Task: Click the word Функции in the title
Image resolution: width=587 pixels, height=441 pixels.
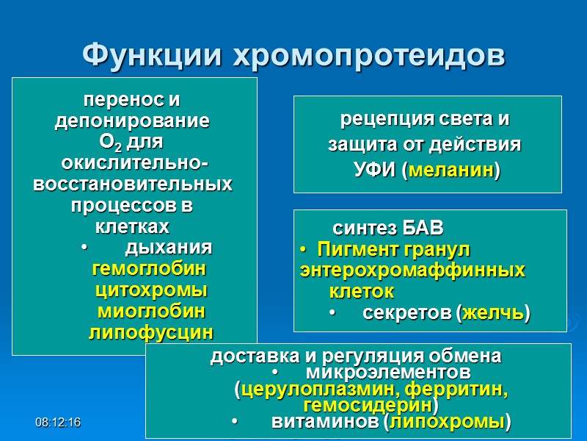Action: pos(152,54)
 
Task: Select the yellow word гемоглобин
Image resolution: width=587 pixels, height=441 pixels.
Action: pos(149,267)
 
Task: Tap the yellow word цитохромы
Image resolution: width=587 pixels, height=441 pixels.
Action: pos(151,289)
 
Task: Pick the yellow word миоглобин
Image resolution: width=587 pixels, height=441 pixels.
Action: pos(151,310)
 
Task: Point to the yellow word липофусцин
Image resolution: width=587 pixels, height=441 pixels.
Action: pos(151,332)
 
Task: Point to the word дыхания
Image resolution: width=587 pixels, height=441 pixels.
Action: pos(169,245)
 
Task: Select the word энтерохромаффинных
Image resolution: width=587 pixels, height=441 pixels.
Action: pos(412,270)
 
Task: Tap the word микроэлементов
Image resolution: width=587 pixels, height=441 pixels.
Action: pos(388,372)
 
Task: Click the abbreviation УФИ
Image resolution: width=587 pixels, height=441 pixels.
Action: pos(376,171)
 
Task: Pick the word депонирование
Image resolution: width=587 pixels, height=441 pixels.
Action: pos(132,121)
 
